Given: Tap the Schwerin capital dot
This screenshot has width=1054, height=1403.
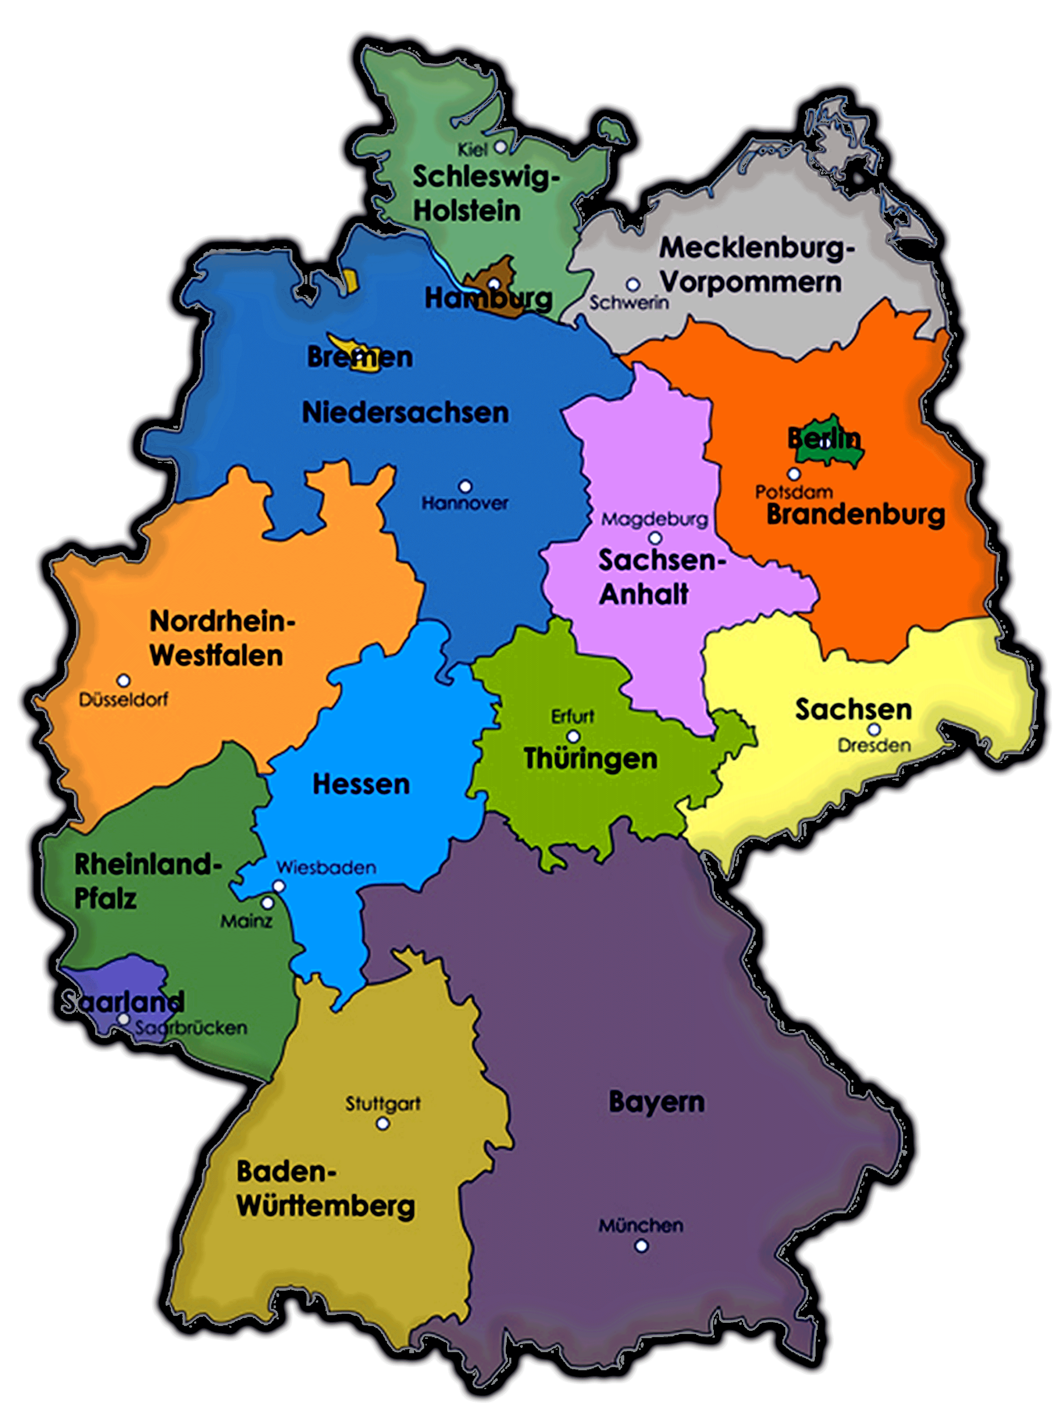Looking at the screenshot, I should (x=632, y=285).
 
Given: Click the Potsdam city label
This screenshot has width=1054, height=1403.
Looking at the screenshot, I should (x=793, y=491).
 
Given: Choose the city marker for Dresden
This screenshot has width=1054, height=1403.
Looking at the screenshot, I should (x=874, y=730).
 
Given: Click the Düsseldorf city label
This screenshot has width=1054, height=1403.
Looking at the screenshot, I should (x=124, y=700).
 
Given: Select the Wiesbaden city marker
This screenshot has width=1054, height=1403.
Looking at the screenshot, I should (x=279, y=886).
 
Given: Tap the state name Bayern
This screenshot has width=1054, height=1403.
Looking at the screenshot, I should (x=656, y=1102).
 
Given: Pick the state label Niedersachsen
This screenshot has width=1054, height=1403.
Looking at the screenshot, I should (x=405, y=413).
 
